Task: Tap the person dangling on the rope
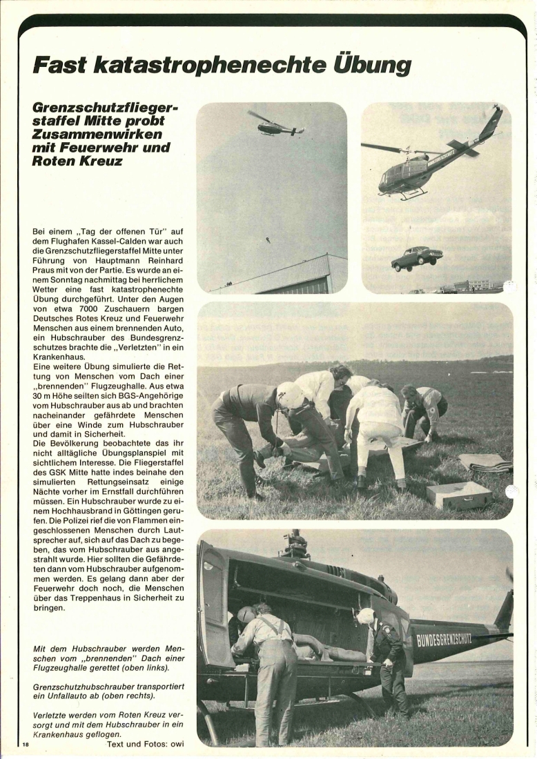(267, 239)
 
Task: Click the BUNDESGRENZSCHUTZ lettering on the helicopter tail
(444, 638)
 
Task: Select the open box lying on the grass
(458, 494)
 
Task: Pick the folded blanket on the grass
(486, 462)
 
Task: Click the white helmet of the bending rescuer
(290, 395)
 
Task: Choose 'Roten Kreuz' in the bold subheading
(77, 160)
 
